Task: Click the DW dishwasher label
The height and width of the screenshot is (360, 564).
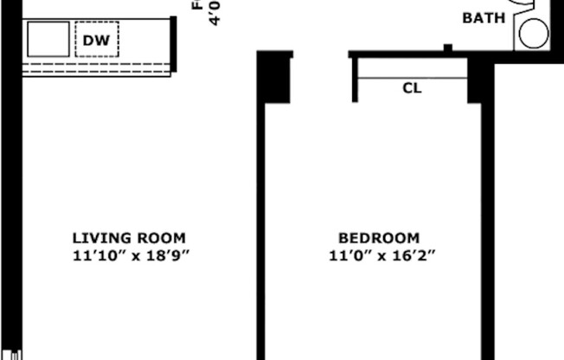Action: coord(96,40)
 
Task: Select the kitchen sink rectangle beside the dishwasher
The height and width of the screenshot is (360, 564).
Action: coord(48,40)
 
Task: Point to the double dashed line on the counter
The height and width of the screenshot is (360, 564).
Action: coord(95,67)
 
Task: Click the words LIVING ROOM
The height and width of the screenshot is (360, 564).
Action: coord(129,238)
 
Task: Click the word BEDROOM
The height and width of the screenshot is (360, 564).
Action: coord(379,238)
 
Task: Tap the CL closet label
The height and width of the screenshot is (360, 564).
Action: coord(412,88)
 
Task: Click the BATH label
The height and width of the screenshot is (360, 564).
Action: coord(485,17)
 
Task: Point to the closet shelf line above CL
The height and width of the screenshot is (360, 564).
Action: coord(412,78)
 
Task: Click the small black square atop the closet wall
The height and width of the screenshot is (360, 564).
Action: coord(447,48)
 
